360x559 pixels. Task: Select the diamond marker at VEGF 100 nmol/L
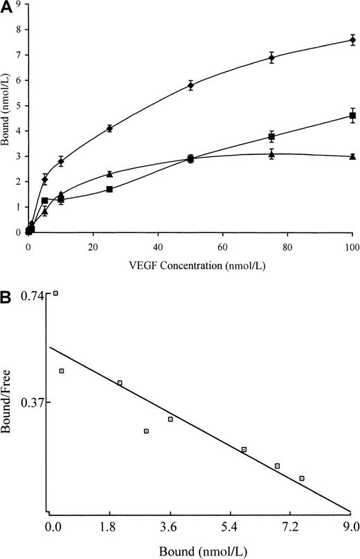tap(352, 40)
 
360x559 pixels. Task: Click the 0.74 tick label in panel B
tap(32, 296)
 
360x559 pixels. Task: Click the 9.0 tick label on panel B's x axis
tap(350, 527)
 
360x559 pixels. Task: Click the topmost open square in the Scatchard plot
tap(55, 293)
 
